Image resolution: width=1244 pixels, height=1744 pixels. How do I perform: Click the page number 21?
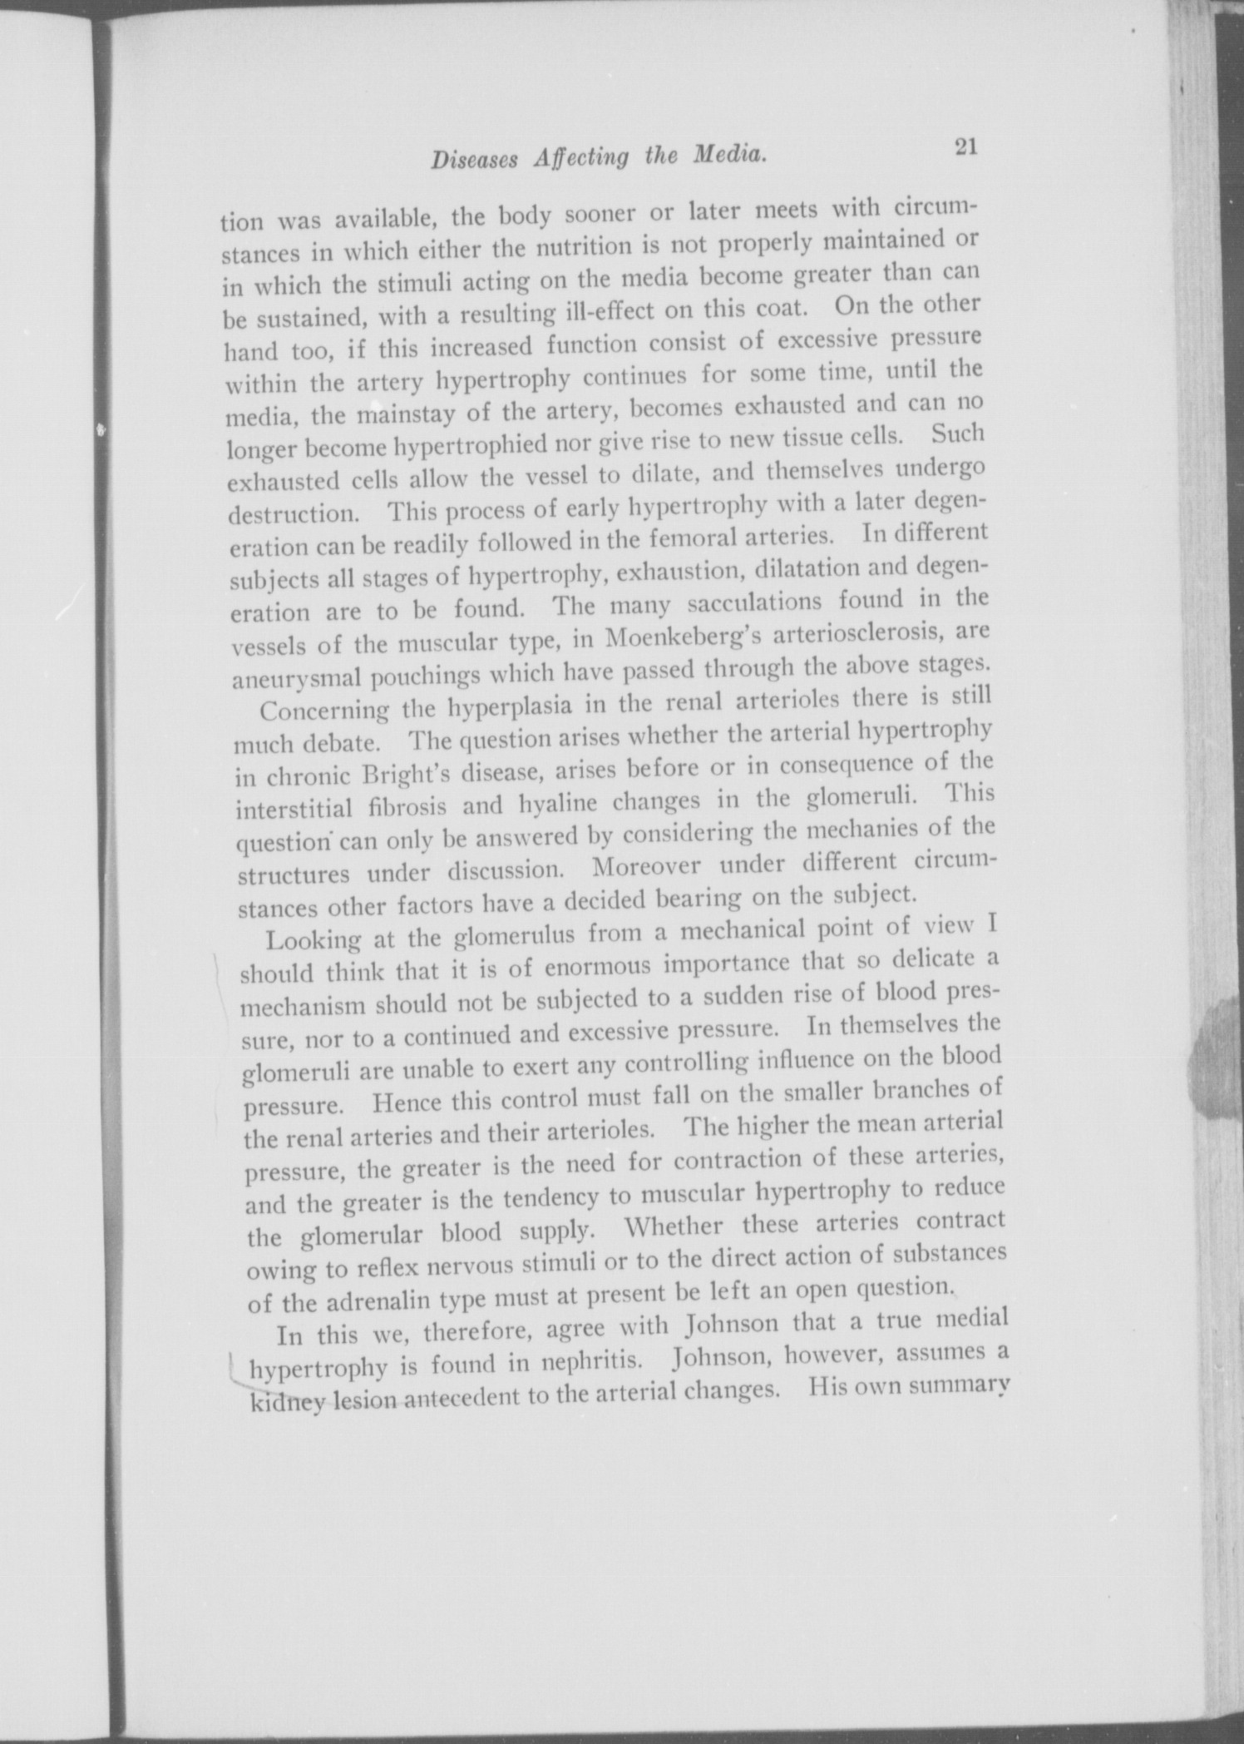coord(965,146)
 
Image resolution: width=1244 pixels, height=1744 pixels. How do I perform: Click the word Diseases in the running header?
coord(476,160)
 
